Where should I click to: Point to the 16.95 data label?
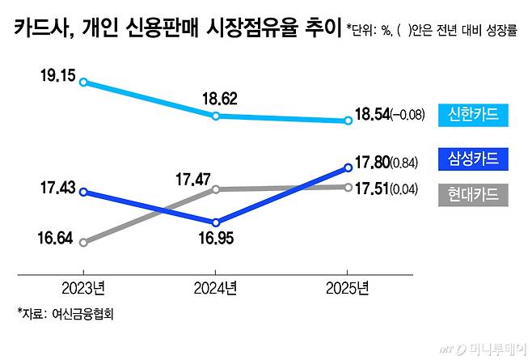[216, 239]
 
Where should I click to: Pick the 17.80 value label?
[371, 163]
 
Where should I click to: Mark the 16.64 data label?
[57, 240]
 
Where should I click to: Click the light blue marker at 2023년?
[83, 83]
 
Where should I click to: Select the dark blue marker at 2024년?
[216, 222]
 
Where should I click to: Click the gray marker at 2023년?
[83, 241]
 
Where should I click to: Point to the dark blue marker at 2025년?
[348, 167]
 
